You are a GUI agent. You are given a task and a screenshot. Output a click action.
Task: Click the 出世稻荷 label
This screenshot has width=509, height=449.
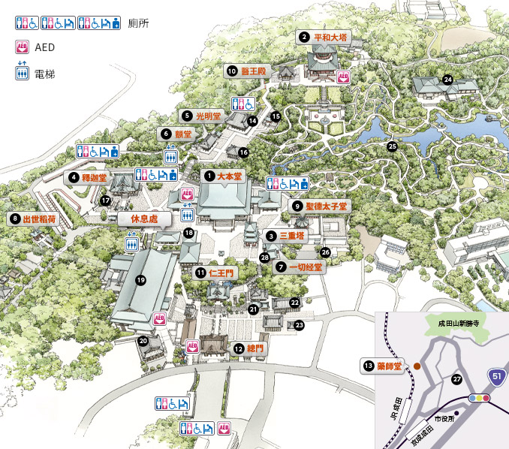pos(39,219)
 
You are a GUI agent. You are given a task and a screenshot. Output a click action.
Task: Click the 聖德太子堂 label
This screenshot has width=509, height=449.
pos(327,206)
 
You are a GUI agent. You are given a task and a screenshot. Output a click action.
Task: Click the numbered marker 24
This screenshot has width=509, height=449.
pos(448,79)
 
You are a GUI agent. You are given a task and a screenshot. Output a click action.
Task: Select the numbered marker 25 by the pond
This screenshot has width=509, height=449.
pos(392,146)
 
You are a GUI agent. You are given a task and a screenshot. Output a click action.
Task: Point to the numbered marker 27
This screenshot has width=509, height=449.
pos(456,379)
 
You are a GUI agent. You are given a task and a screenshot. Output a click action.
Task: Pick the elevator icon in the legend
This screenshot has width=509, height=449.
pos(21,73)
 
